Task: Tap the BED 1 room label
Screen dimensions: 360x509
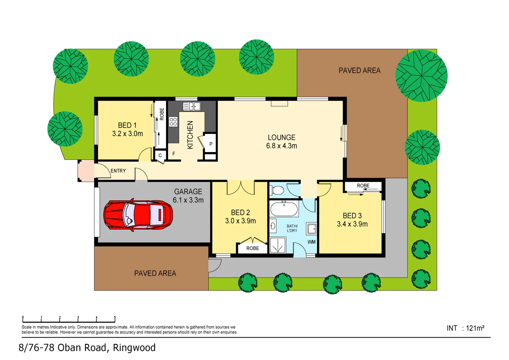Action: [127, 125]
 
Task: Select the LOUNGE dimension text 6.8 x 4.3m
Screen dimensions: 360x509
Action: [281, 146]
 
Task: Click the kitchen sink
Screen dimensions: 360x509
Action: [192, 106]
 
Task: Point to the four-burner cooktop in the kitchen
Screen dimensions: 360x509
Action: [173, 122]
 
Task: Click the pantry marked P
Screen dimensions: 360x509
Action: [211, 144]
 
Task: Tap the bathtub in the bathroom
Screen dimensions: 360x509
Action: [284, 209]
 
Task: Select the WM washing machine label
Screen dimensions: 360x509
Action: [311, 242]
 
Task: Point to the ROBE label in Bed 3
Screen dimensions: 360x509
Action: [363, 186]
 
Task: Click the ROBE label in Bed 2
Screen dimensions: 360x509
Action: [253, 248]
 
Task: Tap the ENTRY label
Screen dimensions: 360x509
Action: [118, 171]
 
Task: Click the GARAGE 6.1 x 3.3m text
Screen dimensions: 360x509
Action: [188, 196]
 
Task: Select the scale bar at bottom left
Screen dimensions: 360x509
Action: [69, 319]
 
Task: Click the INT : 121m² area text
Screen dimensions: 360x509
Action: [465, 328]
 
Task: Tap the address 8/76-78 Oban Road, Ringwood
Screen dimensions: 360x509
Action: [87, 348]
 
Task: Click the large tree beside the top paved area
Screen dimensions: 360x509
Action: [421, 76]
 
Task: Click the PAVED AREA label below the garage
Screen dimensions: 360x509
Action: [155, 273]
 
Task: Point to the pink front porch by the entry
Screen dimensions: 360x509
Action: [86, 171]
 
